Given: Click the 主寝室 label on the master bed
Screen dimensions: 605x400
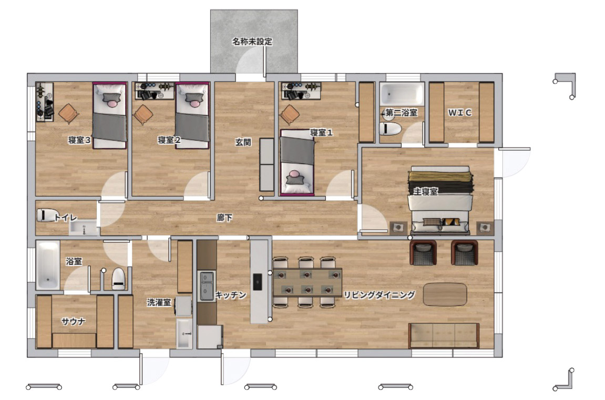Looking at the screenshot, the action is [x=426, y=191].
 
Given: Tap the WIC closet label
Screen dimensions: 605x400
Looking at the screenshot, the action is [x=459, y=112].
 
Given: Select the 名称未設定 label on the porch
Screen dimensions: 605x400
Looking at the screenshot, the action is [x=252, y=42].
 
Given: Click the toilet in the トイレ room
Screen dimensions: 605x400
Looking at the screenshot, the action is [x=46, y=215].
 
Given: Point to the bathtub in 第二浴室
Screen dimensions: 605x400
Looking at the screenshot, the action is [x=402, y=94].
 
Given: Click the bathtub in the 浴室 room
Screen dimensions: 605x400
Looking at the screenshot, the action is [x=48, y=265].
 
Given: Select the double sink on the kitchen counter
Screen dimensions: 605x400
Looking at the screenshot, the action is [x=207, y=286].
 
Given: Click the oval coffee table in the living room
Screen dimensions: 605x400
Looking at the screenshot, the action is [x=445, y=295].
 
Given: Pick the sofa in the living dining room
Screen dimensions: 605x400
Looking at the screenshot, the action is [x=444, y=335].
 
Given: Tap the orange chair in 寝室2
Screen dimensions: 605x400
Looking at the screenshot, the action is [x=143, y=115].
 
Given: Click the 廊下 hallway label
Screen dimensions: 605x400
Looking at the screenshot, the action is [x=224, y=218].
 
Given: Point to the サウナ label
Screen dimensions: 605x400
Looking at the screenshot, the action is [x=73, y=321].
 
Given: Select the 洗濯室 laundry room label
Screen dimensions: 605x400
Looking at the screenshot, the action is [x=159, y=302].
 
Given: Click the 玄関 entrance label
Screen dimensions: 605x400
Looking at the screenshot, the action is [x=243, y=142].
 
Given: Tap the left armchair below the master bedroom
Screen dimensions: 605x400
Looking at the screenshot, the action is [x=423, y=253].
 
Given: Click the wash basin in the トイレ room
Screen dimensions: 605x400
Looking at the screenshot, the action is [x=84, y=228].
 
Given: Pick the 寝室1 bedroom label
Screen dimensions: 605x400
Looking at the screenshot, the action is [x=321, y=132].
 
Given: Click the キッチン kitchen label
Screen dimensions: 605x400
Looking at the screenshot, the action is [x=231, y=295].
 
